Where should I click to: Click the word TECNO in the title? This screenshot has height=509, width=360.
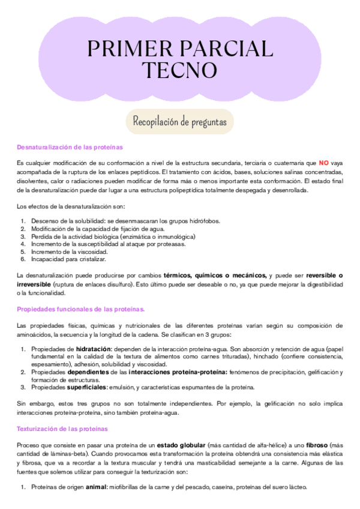[180, 70]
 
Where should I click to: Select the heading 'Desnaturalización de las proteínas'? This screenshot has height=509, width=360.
[70, 146]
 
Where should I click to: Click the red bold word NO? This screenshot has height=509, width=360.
[323, 163]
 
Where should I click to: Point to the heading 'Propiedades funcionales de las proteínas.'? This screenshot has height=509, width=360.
[80, 309]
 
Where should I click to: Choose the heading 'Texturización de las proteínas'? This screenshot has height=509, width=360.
[62, 429]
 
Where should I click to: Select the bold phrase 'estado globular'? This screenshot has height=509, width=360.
[181, 445]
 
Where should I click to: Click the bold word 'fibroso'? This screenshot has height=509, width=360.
[317, 445]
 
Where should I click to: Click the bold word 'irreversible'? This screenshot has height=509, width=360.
[34, 283]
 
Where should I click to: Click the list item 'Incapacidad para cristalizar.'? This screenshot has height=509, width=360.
[68, 259]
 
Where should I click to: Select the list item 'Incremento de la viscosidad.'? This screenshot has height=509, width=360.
[68, 252]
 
